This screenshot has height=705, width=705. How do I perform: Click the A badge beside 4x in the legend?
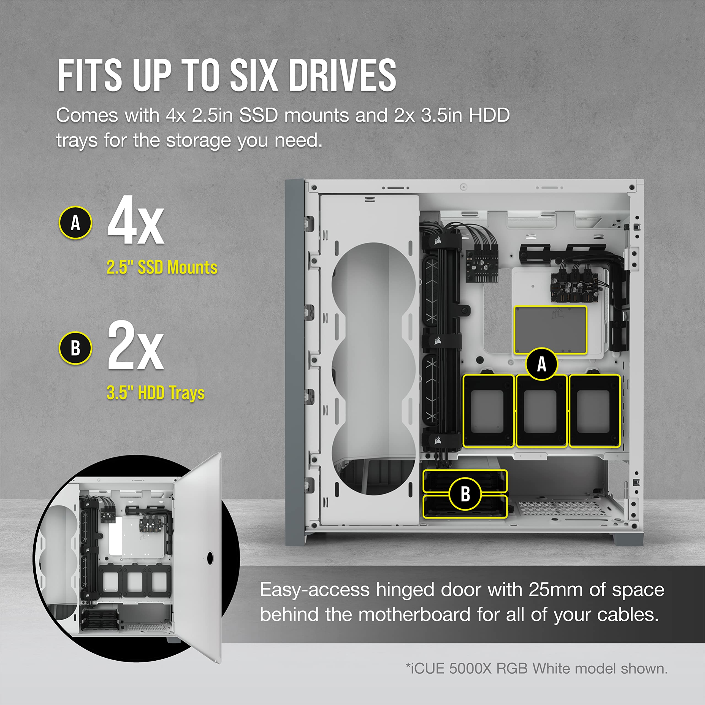pos(75,222)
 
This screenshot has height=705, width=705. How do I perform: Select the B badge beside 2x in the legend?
pos(75,348)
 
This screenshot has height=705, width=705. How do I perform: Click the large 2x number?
pos(135,346)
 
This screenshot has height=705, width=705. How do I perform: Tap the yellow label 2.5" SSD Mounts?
pos(162,267)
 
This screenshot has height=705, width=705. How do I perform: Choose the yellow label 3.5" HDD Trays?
pos(155,393)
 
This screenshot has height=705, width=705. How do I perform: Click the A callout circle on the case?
pos(541,364)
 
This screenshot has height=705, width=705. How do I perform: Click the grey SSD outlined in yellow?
pos(550,330)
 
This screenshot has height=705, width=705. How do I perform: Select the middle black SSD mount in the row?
pos(541,411)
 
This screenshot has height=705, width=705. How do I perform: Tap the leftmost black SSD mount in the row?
pos(488,411)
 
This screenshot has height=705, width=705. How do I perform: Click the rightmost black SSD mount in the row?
pos(595,411)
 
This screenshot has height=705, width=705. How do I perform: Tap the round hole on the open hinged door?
pos(210,558)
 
